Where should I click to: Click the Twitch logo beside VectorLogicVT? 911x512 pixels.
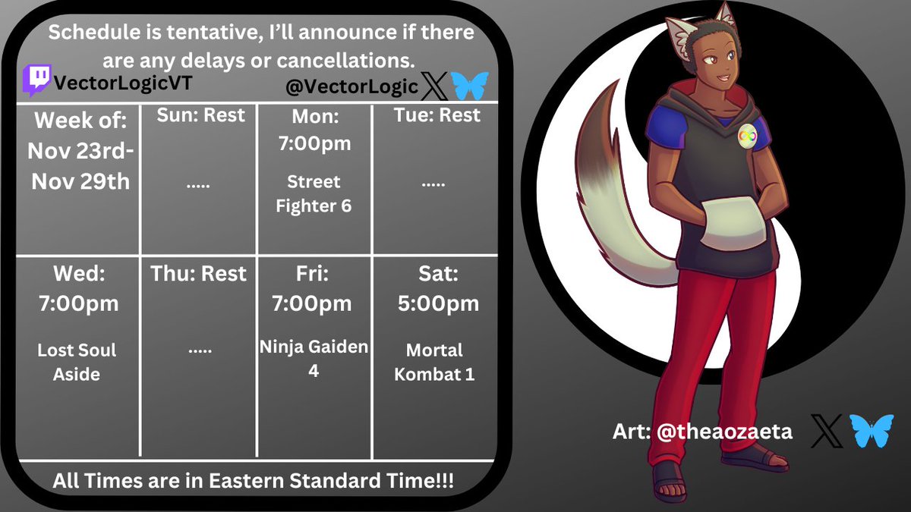click(x=36, y=81)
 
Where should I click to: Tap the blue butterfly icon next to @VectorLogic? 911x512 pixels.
click(x=469, y=86)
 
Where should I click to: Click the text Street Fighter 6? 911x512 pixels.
click(x=314, y=193)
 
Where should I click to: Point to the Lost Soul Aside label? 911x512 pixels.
click(x=77, y=362)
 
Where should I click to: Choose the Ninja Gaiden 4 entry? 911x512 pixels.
click(x=314, y=359)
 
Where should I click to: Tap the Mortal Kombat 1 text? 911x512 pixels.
click(x=434, y=362)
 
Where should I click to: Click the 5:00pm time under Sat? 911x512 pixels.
click(x=438, y=303)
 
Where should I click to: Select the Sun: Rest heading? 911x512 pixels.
click(x=200, y=115)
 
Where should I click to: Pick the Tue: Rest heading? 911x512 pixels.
click(x=437, y=115)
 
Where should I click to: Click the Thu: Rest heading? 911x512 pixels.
click(x=200, y=273)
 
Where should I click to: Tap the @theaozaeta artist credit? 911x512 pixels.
click(x=702, y=432)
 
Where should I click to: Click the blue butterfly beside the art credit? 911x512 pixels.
click(x=868, y=430)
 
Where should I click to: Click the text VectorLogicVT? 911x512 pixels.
click(x=121, y=83)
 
